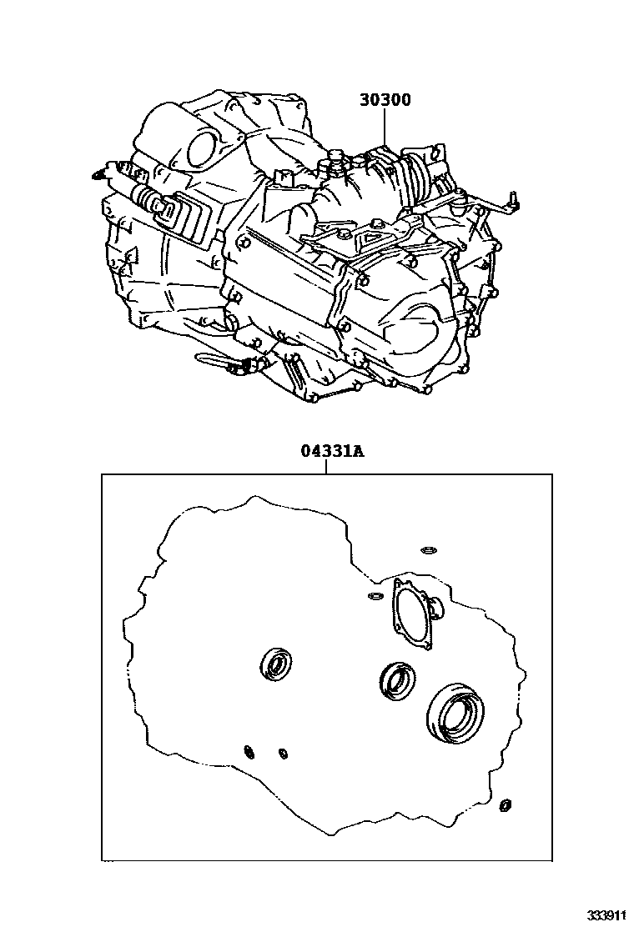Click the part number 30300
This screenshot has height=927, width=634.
(x=385, y=101)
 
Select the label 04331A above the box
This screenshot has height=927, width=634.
(x=332, y=452)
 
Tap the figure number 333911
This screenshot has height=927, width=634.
(x=606, y=916)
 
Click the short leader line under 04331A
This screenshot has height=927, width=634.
(x=325, y=467)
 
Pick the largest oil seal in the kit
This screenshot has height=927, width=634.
(x=454, y=711)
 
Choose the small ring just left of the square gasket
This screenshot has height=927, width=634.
(x=375, y=595)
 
